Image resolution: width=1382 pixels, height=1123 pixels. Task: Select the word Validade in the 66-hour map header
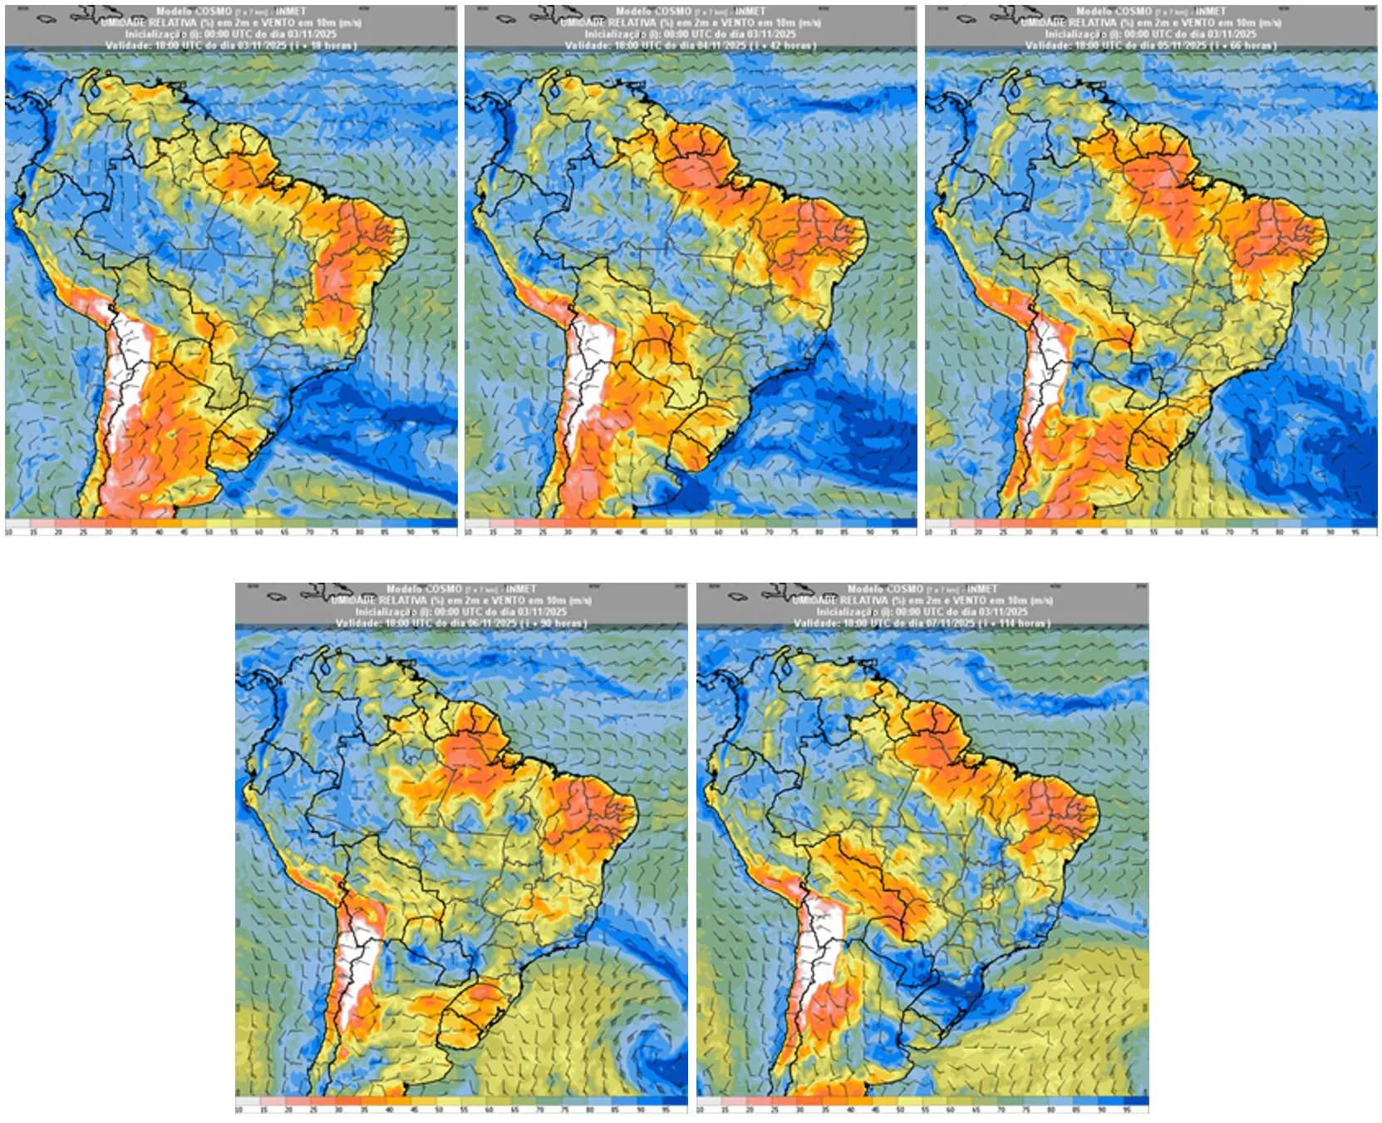[x=1048, y=46]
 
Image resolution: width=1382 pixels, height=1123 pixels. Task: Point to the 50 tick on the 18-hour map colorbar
[x=209, y=532]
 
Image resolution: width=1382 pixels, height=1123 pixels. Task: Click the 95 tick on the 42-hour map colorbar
[x=895, y=532]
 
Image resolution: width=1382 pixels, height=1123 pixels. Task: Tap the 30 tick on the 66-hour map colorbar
[x=1028, y=532]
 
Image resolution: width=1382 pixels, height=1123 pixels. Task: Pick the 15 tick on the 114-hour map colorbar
[x=725, y=1110]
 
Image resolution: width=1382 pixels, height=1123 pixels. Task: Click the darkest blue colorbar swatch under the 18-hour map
[x=445, y=524]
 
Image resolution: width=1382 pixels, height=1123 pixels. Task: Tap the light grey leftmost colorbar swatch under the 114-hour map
[x=709, y=1101]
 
